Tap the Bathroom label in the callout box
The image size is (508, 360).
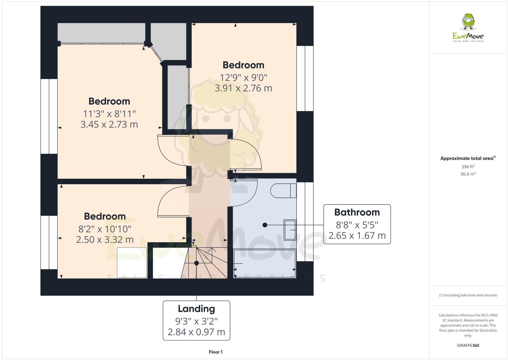pos(357,212)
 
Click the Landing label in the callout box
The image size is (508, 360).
pos(196,309)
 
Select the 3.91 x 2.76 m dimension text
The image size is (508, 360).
pos(243,88)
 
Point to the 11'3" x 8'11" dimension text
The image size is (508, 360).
pos(109,113)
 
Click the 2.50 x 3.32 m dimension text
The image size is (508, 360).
pos(105,240)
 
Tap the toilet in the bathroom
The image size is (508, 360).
pos(283,191)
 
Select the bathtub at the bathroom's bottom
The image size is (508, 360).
pos(265,263)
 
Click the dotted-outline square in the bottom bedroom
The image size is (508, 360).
pos(132,262)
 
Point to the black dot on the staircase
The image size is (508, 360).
pos(196,263)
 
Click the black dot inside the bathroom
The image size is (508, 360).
pos(265,225)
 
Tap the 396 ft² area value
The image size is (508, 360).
pos(468,167)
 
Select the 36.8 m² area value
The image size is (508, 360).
pos(468,174)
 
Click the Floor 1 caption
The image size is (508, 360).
pos(216,352)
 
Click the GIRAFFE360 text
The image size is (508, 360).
pos(468,345)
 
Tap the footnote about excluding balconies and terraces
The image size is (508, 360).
pos(468,295)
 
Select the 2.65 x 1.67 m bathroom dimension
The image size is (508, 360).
pos(357,235)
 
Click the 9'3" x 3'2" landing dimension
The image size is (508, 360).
pos(196,321)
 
